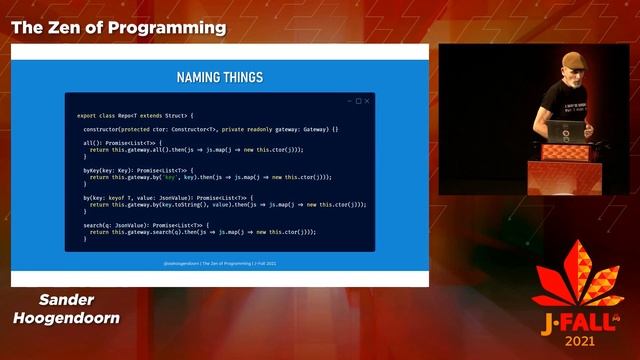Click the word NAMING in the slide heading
pyautogui.click(x=198, y=76)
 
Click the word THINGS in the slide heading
pyautogui.click(x=241, y=76)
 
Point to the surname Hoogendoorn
pyautogui.click(x=66, y=318)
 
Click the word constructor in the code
pyautogui.click(x=106, y=129)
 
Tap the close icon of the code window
pyautogui.click(x=367, y=101)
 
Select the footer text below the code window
pyautogui.click(x=219, y=263)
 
